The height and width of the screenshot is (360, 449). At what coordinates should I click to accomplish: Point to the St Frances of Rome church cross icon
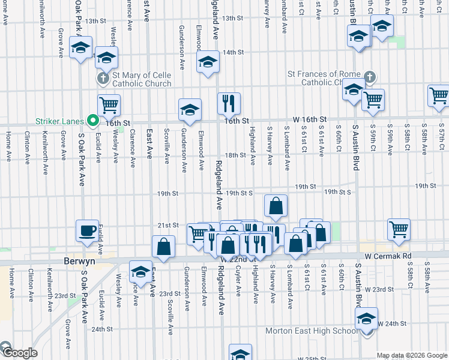[369, 77]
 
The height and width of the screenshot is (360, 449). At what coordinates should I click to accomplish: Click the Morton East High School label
[312, 331]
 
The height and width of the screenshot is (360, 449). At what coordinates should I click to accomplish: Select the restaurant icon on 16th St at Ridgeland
[228, 103]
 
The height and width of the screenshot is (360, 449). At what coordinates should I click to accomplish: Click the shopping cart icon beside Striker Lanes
[109, 105]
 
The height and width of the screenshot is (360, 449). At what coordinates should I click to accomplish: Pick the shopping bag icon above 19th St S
[276, 206]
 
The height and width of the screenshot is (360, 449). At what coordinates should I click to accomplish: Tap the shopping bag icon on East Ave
[163, 246]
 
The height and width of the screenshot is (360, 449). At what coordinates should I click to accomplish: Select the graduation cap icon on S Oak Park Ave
[80, 47]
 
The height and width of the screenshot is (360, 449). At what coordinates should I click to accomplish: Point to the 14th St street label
[232, 52]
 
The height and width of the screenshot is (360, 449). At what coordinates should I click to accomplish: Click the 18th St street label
[235, 155]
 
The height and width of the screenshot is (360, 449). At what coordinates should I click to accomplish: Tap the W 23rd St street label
[377, 289]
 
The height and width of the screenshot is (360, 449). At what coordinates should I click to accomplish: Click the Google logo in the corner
[19, 353]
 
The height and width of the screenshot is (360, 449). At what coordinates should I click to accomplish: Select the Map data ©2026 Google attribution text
[412, 355]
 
